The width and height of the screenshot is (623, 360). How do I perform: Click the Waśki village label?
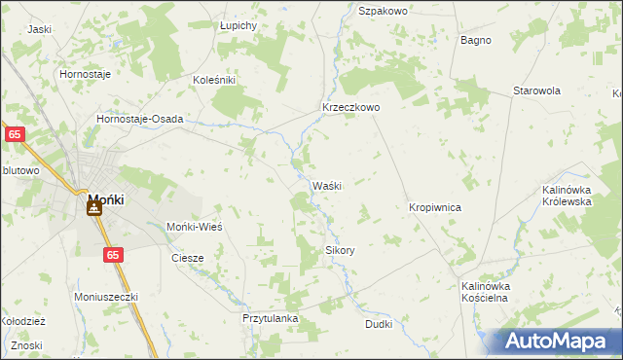(x=326, y=186)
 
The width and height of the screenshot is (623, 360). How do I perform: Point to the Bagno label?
(x=476, y=40)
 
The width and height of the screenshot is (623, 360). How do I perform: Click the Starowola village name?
(x=538, y=90)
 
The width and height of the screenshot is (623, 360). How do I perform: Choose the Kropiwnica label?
(x=434, y=208)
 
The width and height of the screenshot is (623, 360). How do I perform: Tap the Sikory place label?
(x=340, y=250)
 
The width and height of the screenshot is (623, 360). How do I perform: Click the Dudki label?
(x=379, y=324)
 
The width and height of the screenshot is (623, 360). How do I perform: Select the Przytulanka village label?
(x=270, y=318)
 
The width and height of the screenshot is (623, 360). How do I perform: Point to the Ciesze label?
(x=187, y=258)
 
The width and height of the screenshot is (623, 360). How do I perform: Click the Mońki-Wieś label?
(x=196, y=226)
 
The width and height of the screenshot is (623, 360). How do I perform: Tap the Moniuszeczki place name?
(x=107, y=296)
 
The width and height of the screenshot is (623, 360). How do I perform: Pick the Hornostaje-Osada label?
(x=139, y=119)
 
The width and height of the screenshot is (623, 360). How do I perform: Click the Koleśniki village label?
(x=214, y=80)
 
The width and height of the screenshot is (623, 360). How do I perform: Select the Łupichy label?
(x=238, y=24)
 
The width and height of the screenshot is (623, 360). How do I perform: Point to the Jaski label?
(x=39, y=29)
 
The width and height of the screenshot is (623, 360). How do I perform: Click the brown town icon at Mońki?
(x=95, y=206)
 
